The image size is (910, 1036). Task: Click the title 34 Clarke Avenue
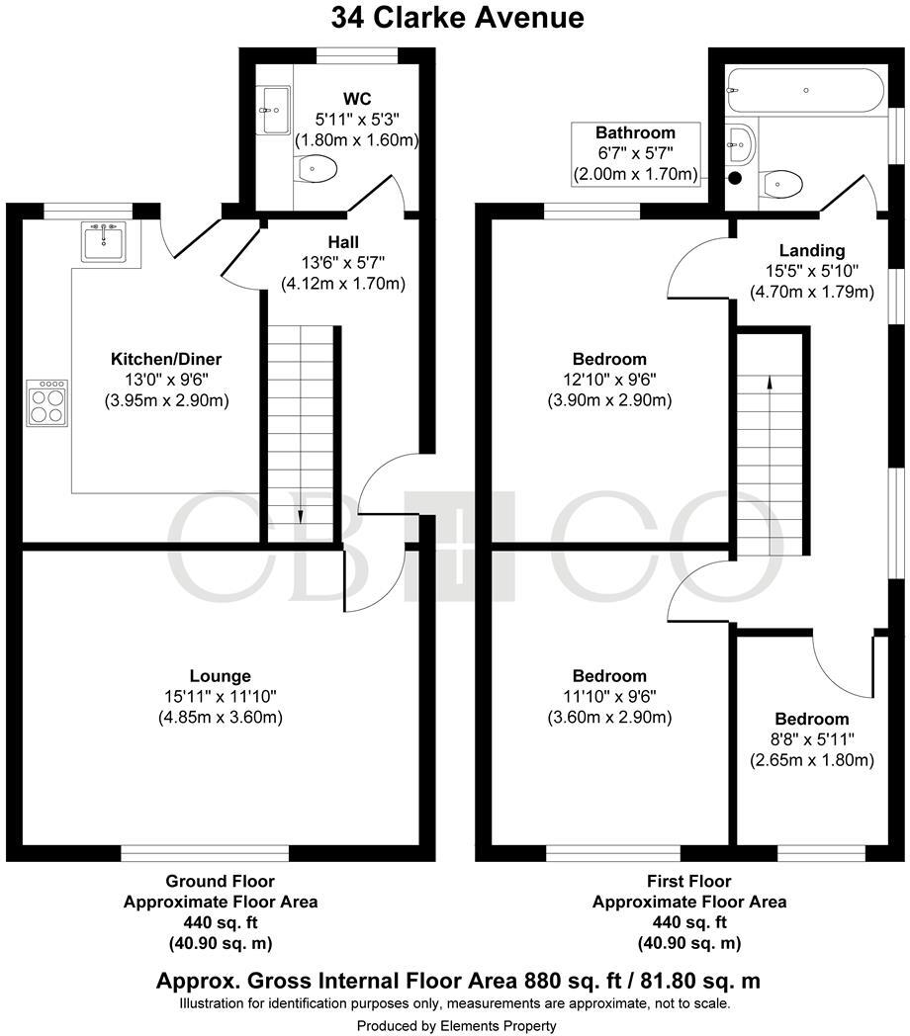click(x=457, y=18)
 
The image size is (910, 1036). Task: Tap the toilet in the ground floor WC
click(x=317, y=169)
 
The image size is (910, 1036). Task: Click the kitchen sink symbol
click(x=103, y=241)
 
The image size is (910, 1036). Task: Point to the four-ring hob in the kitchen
click(x=47, y=403)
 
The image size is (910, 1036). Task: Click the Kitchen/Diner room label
click(x=166, y=359)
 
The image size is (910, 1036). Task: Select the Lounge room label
click(x=221, y=676)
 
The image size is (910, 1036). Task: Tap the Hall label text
click(x=343, y=242)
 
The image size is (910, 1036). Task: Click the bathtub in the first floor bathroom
click(x=805, y=90)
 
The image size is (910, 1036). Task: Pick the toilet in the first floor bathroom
click(x=782, y=183)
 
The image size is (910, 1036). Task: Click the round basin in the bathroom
click(x=740, y=145)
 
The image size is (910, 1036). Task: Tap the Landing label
click(x=811, y=250)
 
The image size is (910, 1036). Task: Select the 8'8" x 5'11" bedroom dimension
click(x=811, y=739)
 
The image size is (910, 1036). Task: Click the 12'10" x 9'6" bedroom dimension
click(x=608, y=380)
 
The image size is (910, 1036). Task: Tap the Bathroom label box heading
click(x=635, y=132)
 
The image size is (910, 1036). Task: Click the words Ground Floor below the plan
click(x=220, y=881)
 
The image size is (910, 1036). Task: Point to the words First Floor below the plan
click(x=688, y=881)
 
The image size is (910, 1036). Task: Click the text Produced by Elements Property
click(x=456, y=1026)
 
